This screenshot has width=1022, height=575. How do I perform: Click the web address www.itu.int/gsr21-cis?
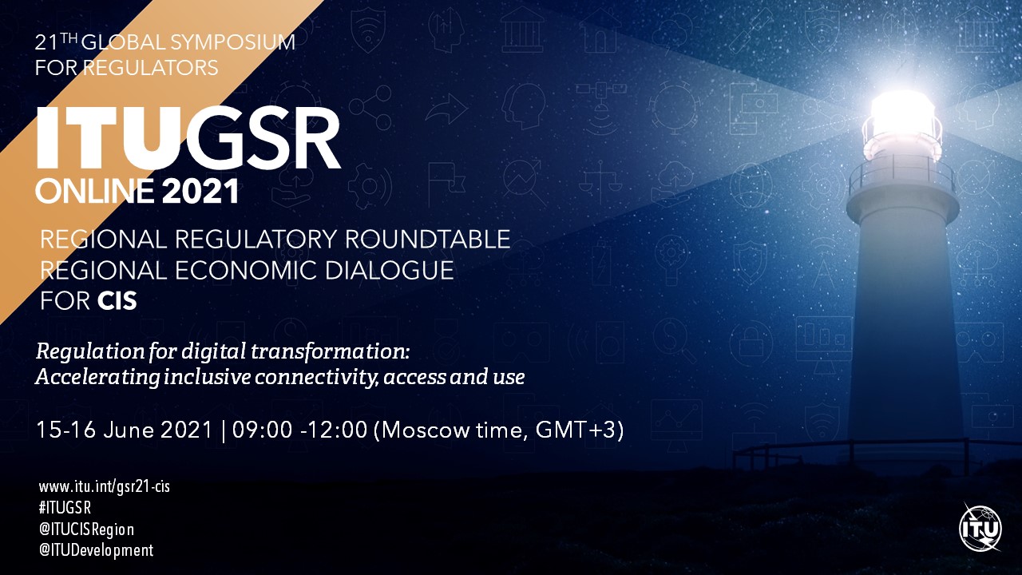tap(105, 487)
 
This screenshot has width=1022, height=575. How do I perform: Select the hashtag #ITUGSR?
tap(65, 508)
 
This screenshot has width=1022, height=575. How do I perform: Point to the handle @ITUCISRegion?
tap(87, 529)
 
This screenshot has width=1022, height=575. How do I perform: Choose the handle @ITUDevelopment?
tap(97, 550)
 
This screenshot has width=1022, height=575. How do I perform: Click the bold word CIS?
tap(117, 301)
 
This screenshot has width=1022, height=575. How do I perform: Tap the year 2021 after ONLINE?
tap(200, 191)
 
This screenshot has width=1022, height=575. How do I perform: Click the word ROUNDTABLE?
tap(427, 239)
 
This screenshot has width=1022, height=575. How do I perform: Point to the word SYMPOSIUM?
tap(232, 42)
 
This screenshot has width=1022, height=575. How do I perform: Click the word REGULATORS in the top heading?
tap(151, 68)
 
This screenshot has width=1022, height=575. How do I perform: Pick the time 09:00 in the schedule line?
tap(262, 430)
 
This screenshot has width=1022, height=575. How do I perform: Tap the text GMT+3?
tap(576, 430)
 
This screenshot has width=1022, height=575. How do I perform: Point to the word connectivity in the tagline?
tap(317, 378)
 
